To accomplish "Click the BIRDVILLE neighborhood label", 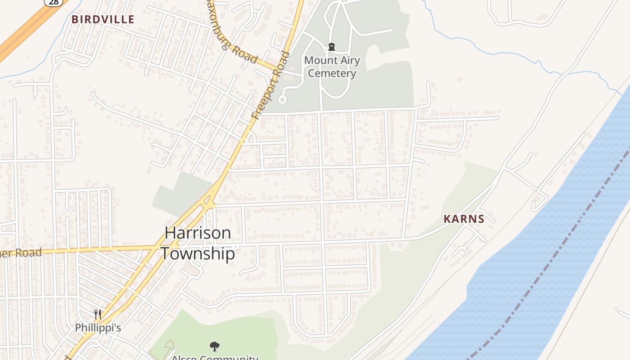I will point(103,19).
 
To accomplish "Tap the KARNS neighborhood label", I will point(464,219).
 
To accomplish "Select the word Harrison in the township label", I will point(198,233).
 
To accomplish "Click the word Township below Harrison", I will point(198,254).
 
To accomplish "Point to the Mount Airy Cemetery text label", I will point(332,67).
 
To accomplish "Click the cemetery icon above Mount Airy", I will point(332,47).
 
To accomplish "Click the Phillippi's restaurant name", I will point(98,328).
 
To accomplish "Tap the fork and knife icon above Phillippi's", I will point(98,314).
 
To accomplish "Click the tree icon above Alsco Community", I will point(215,346).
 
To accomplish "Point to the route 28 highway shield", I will point(54,2).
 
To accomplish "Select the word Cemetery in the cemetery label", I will point(332,73).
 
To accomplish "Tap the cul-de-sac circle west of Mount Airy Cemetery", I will point(283,99).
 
